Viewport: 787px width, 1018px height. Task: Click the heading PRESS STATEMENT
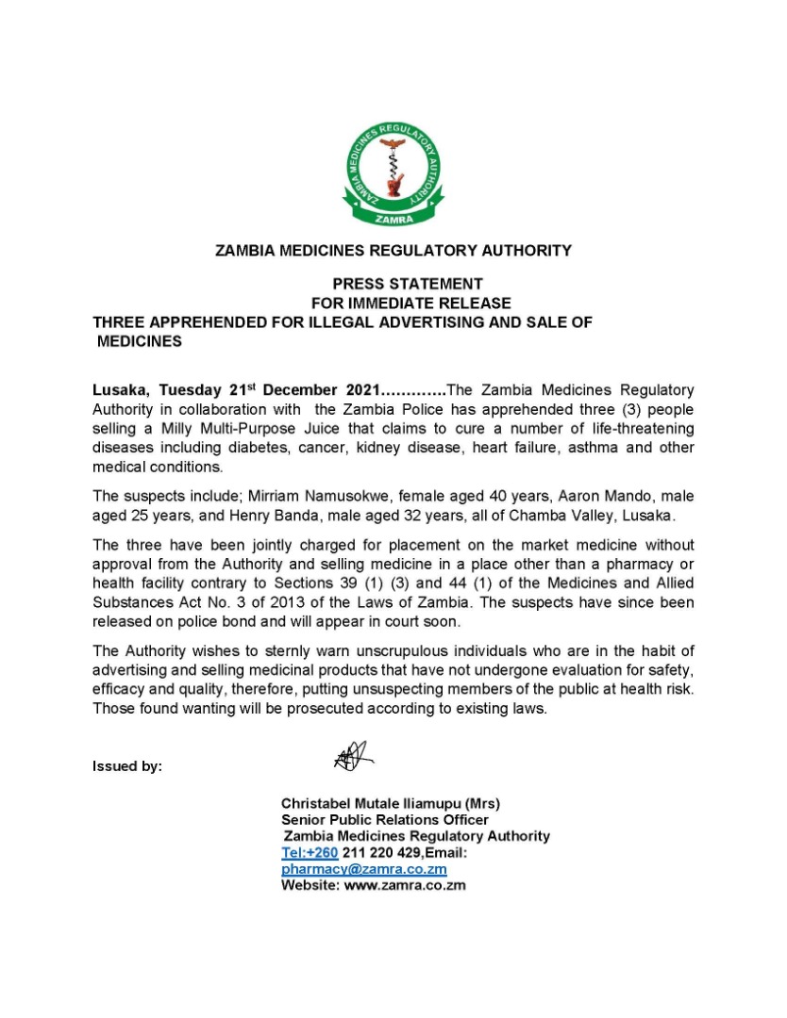pyautogui.click(x=407, y=284)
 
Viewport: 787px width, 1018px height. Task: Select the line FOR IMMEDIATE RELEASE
pyautogui.click(x=410, y=304)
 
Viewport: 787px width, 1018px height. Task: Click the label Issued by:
pyautogui.click(x=127, y=766)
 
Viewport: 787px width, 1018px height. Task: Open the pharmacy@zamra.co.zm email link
pyautogui.click(x=364, y=869)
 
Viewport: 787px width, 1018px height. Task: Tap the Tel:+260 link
pyautogui.click(x=310, y=853)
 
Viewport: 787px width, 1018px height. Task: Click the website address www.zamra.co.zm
pyautogui.click(x=406, y=886)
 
